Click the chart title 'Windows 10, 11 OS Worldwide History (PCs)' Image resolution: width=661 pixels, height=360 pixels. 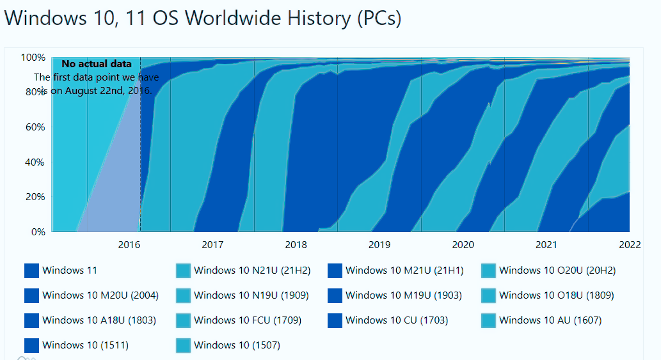pos(203,18)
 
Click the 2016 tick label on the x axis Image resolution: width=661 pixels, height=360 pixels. pos(129,244)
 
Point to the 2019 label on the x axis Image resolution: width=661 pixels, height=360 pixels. pos(379,244)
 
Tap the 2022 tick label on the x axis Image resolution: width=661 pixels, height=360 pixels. pos(630,244)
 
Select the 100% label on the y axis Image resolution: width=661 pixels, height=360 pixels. pos(33,58)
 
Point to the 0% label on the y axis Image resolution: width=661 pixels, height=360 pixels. pos(38,232)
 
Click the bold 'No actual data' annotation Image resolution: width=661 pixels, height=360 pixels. pos(97,64)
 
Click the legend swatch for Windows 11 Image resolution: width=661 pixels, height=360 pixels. pos(32,271)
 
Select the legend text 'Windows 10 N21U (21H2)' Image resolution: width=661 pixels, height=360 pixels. pos(252,270)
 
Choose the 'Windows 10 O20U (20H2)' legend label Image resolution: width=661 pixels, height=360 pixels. pos(557,270)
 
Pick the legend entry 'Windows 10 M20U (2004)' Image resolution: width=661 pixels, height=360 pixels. pos(100,295)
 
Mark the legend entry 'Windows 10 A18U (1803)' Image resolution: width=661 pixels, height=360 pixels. pos(99,320)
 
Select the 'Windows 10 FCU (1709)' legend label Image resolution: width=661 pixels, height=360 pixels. pos(248,320)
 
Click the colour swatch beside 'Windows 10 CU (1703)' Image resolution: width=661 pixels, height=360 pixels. pos(335,320)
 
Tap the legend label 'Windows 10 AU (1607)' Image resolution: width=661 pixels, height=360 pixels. pos(550,320)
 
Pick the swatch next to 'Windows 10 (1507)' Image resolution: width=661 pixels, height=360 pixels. pos(184,345)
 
